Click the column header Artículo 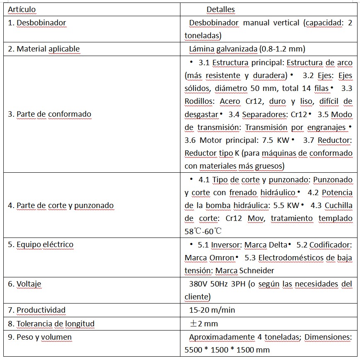22,9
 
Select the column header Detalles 221,9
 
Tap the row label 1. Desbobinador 37,23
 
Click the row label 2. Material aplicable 44,49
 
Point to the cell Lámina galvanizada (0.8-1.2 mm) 247,49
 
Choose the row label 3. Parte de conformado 49,114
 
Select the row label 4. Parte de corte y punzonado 61,206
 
